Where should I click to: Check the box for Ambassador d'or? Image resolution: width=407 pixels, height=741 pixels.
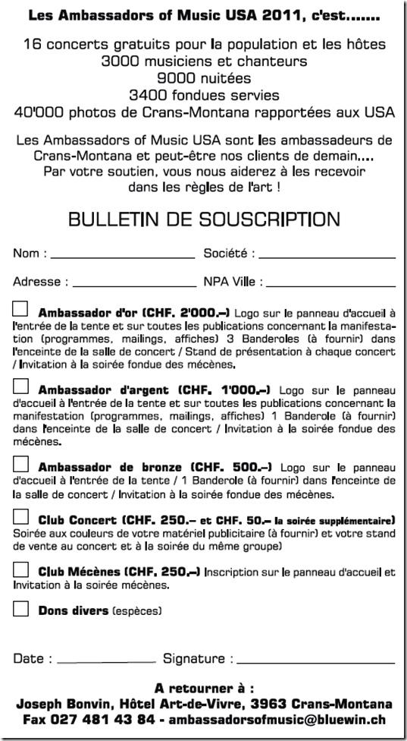tap(20, 309)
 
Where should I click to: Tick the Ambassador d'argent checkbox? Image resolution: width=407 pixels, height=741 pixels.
tap(20, 386)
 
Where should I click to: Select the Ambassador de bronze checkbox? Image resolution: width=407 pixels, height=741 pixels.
tap(20, 464)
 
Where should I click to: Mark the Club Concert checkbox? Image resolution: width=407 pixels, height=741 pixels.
tap(20, 518)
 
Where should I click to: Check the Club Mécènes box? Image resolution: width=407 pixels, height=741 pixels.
tap(20, 570)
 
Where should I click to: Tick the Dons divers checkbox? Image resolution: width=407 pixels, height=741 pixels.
tap(20, 608)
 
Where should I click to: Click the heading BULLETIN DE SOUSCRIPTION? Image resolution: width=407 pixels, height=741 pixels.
tap(204, 219)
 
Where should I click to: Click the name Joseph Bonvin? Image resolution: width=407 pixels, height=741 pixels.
tap(57, 704)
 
